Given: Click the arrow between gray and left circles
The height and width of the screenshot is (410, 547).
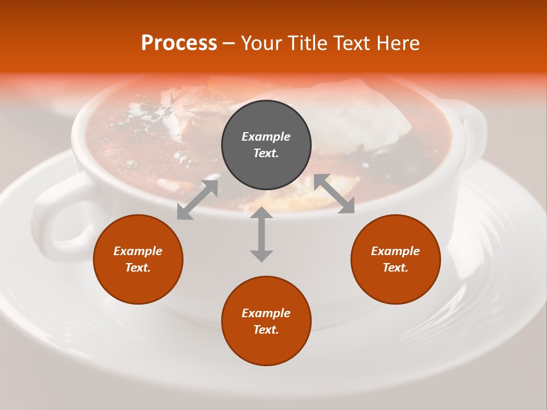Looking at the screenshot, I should (197, 200).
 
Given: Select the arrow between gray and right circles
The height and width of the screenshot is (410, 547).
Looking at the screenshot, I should (334, 194).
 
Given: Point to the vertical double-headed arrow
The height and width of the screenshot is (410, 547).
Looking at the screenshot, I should (262, 234).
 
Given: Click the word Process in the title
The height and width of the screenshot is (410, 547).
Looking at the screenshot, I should (179, 43).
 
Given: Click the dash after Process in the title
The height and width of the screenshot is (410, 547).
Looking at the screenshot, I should (228, 43).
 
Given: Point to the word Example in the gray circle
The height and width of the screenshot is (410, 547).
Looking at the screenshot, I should (266, 137).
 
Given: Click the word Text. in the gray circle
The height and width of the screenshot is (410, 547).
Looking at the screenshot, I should (266, 153).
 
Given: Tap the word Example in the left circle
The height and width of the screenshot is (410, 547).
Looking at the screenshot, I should (138, 251).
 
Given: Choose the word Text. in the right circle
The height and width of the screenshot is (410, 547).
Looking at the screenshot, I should (395, 268).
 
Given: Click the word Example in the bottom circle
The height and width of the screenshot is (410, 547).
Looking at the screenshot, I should (266, 313).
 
